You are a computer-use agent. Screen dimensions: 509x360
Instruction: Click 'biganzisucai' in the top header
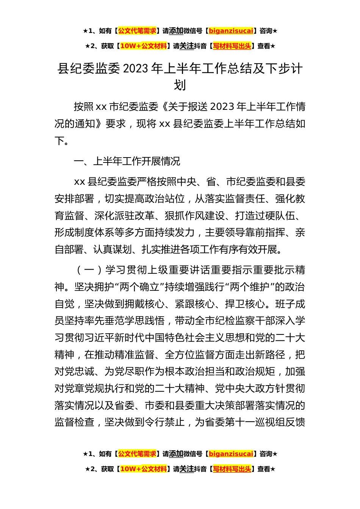coord(231,31)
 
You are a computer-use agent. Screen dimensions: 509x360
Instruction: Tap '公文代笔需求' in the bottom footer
coord(137,454)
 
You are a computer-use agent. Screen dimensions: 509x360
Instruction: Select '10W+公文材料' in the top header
coord(143,46)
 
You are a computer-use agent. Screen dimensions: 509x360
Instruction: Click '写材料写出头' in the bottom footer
coord(232,469)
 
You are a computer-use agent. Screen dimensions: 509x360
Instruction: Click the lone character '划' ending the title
coord(180,85)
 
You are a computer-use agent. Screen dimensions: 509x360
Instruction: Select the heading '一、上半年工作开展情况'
coord(127,161)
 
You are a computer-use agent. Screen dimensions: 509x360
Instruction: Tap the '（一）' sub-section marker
coord(89,270)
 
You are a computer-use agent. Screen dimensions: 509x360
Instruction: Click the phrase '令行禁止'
coord(164,422)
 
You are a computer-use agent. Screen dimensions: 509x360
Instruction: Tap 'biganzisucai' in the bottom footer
coord(231,454)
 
